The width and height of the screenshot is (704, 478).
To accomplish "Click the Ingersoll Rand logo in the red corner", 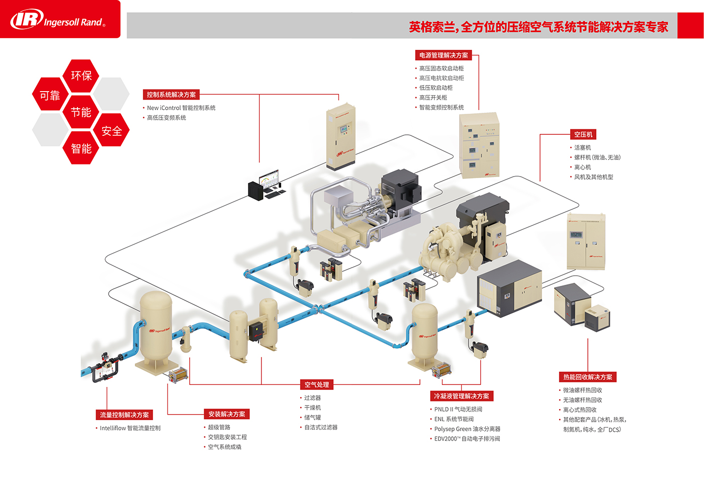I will coord(58,20).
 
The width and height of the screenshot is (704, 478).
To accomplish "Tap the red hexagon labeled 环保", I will coord(81,75).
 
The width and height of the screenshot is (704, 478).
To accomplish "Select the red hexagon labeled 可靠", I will coord(50,95).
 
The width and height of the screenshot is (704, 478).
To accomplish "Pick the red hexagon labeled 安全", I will coord(112,131).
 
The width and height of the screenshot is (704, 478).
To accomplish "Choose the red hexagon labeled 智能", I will coord(81,148).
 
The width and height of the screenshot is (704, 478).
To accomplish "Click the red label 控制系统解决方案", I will coord(171,95).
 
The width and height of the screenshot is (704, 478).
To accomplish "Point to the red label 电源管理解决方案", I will coord(444,55).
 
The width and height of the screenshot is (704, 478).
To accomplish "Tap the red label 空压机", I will coord(583,134).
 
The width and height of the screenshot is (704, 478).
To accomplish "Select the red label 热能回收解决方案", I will coord(587,377).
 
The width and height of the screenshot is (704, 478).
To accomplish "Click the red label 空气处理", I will coord(317,384).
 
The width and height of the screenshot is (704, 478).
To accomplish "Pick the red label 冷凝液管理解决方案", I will coord(461,396).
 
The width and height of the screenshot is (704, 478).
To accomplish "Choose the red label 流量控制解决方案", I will coord(124,415).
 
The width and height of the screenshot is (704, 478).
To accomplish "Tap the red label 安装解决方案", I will coord(227,414).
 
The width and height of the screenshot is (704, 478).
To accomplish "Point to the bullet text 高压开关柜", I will coord(433,98).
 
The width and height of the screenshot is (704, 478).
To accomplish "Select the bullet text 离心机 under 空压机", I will coord(582,167).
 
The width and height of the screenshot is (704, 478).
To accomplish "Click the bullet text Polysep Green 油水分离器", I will coord(467,429).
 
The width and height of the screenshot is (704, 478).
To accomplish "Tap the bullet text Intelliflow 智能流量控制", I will coord(130,428).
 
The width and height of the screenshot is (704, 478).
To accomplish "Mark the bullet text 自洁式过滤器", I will coord(321,427).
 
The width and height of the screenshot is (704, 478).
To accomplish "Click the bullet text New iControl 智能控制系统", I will coord(181,108).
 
